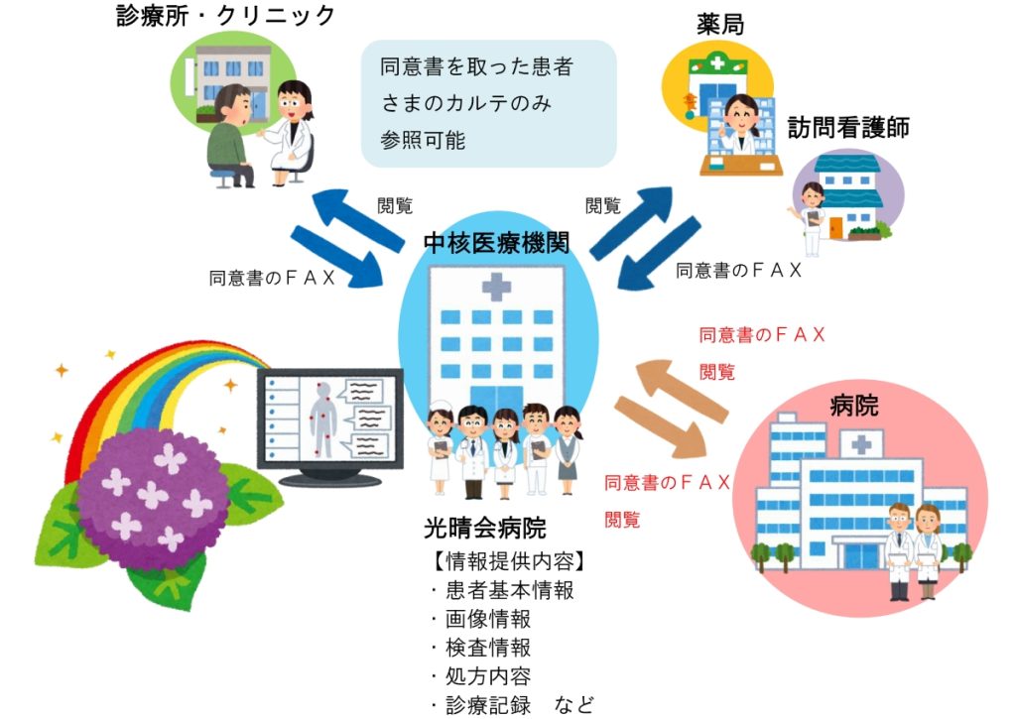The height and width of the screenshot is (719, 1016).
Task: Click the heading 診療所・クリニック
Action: pyautogui.click(x=225, y=16)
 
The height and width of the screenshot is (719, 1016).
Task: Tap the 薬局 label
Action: pyautogui.click(x=720, y=25)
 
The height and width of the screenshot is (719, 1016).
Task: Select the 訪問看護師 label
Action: pyautogui.click(x=848, y=128)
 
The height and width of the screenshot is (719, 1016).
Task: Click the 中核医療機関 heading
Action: pyautogui.click(x=496, y=243)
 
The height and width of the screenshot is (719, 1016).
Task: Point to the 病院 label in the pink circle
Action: pyautogui.click(x=854, y=406)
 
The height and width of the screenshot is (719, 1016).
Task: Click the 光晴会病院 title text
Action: pyautogui.click(x=484, y=528)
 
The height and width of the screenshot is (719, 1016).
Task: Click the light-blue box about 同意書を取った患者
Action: pyautogui.click(x=488, y=104)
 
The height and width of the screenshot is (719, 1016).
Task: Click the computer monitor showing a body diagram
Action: pyautogui.click(x=330, y=426)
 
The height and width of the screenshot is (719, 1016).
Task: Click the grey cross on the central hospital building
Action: pyautogui.click(x=496, y=287)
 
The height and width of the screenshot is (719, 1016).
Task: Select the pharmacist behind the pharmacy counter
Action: pyautogui.click(x=740, y=125)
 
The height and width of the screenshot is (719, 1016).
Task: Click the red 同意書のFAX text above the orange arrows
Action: pyautogui.click(x=761, y=335)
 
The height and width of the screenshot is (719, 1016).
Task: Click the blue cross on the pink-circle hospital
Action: pyautogui.click(x=861, y=444)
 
